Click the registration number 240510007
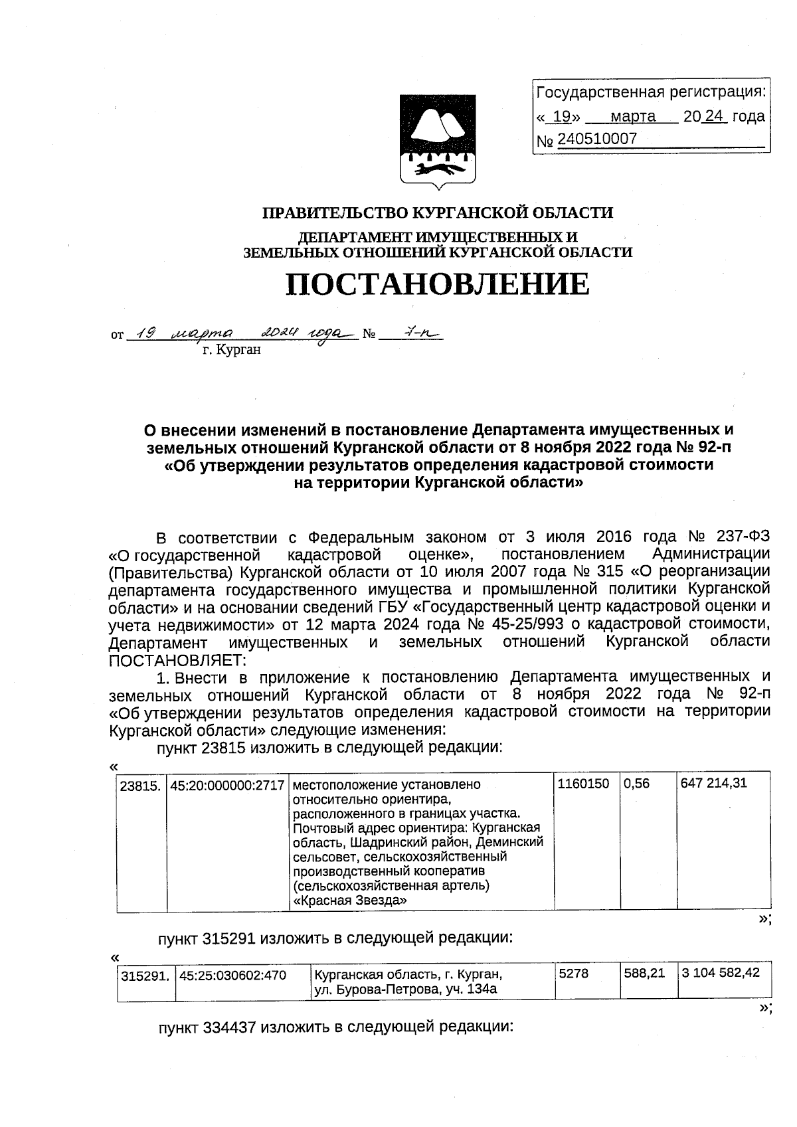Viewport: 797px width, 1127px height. pyautogui.click(x=597, y=139)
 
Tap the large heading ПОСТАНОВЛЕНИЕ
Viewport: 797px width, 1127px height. pyautogui.click(x=437, y=284)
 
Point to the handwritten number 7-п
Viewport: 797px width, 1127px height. pyautogui.click(x=411, y=333)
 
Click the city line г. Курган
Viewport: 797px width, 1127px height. pyautogui.click(x=232, y=350)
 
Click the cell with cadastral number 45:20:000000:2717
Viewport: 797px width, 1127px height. pyautogui.click(x=227, y=784)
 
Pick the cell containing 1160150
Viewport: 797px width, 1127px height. pyautogui.click(x=583, y=784)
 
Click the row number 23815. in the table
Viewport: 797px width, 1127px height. pyautogui.click(x=139, y=786)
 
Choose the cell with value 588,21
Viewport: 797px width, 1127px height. pyautogui.click(x=644, y=974)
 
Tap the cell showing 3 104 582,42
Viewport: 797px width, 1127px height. pyautogui.click(x=720, y=974)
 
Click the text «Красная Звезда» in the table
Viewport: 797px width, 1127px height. pyautogui.click(x=349, y=901)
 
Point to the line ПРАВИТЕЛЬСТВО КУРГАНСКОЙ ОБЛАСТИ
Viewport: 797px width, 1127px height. pyautogui.click(x=437, y=213)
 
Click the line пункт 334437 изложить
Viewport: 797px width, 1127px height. pyautogui.click(x=335, y=1027)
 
